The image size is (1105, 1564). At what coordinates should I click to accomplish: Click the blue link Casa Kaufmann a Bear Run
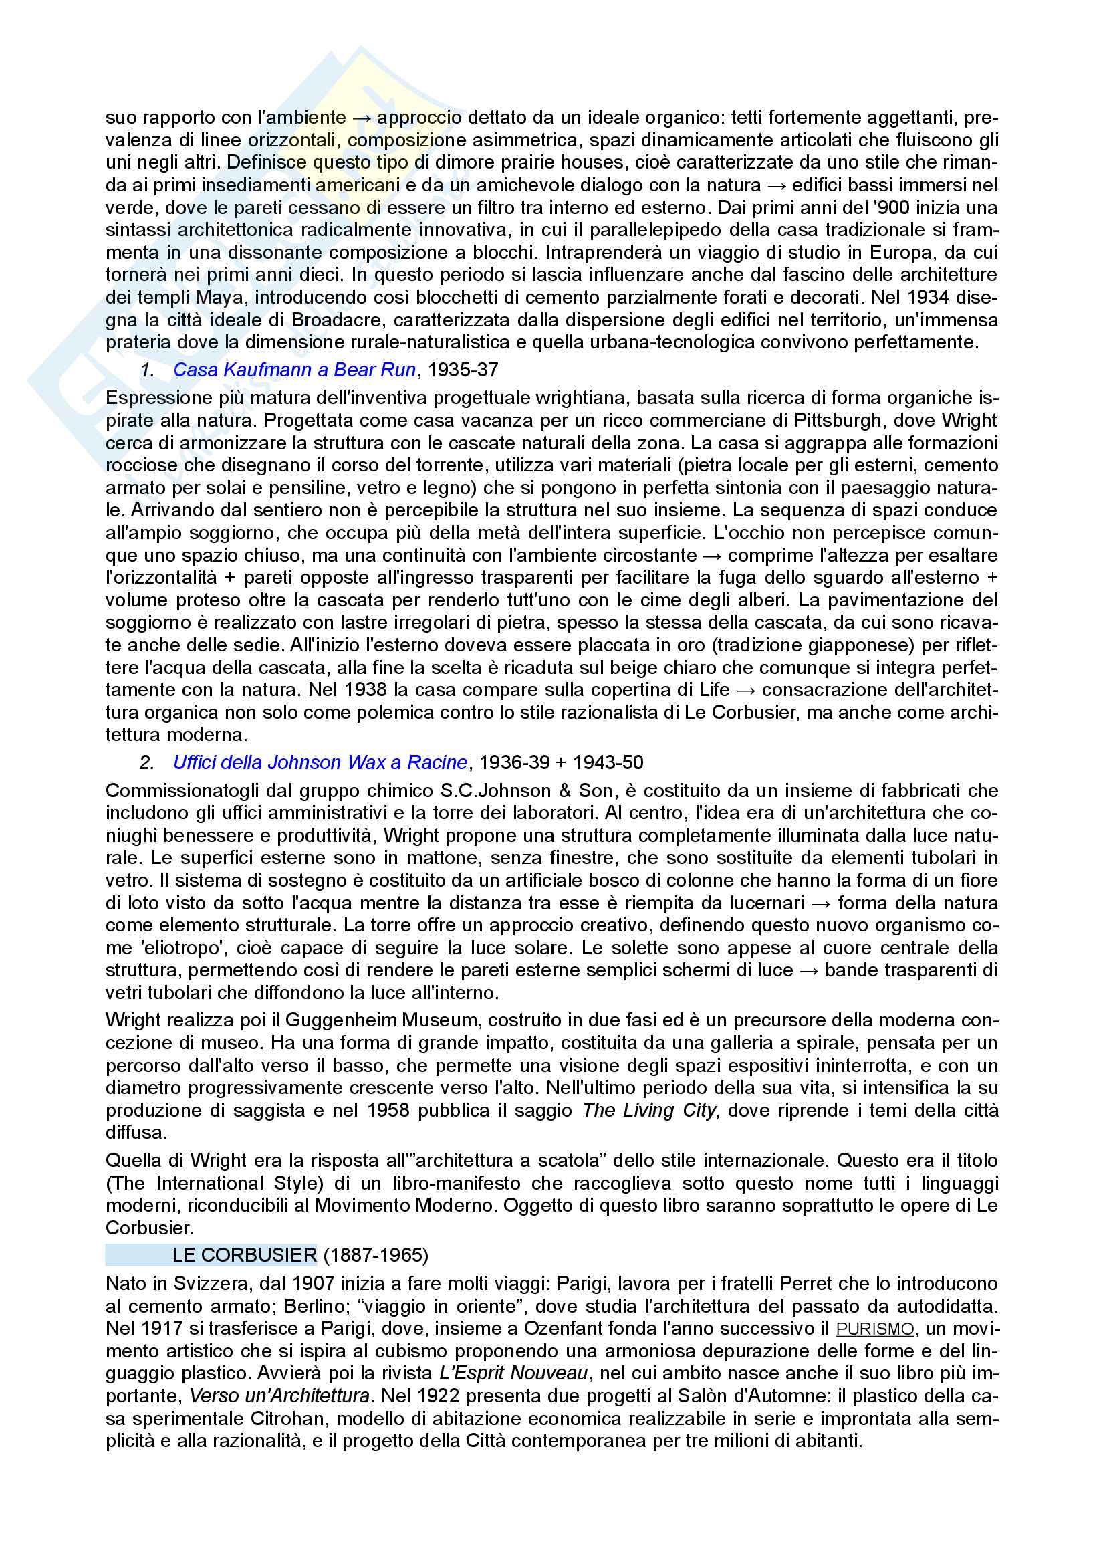point(294,370)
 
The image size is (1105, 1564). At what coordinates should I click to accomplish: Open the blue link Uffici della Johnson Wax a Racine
point(320,762)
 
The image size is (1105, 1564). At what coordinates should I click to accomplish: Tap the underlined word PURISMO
point(875,1329)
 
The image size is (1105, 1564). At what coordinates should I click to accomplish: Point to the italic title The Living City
point(649,1111)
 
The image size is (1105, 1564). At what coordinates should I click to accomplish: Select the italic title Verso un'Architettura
point(279,1395)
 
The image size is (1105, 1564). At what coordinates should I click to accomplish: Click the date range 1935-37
point(463,370)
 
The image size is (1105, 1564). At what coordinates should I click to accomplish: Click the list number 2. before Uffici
point(147,762)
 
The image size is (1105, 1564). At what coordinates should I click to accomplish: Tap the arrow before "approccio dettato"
point(362,118)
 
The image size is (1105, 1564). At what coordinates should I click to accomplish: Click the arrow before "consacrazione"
point(745,690)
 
